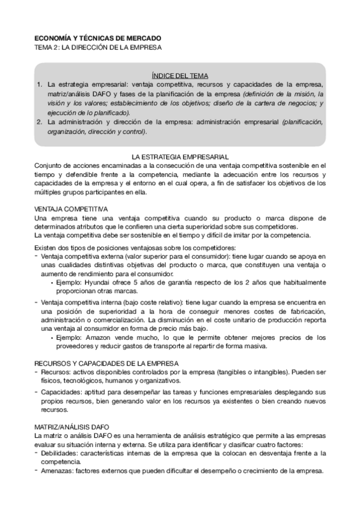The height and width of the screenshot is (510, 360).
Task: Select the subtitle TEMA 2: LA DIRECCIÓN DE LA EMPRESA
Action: click(98, 46)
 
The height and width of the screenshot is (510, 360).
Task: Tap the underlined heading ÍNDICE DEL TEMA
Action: click(180, 76)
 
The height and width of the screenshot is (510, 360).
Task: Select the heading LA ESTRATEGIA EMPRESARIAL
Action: click(180, 155)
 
